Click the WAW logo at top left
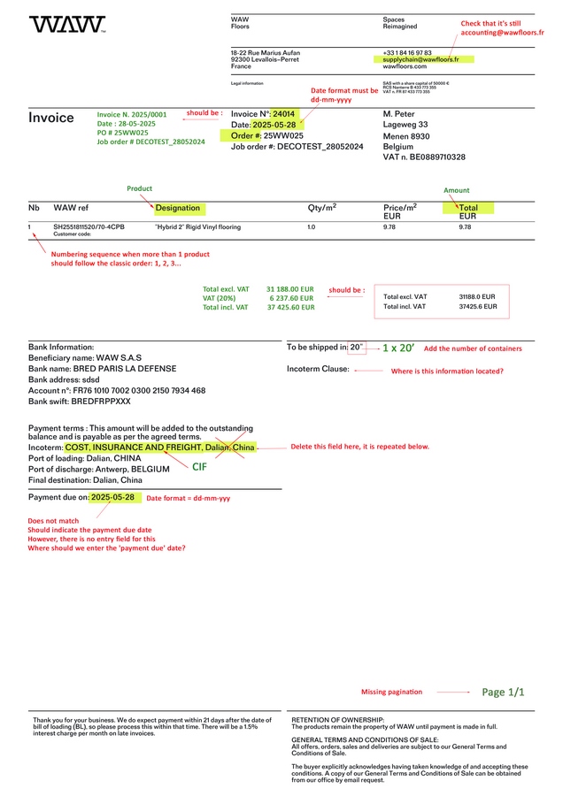click(67, 25)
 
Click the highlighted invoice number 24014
click(283, 114)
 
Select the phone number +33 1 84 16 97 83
click(407, 53)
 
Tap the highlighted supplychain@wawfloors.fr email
click(420, 59)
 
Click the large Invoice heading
click(51, 119)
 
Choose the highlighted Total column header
click(469, 208)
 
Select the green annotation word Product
click(140, 188)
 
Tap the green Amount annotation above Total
click(457, 190)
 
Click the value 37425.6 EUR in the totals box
click(477, 307)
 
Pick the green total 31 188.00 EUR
click(290, 289)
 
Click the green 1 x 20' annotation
click(397, 348)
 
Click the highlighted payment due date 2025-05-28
click(112, 497)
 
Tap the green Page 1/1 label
click(503, 692)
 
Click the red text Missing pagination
click(391, 692)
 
